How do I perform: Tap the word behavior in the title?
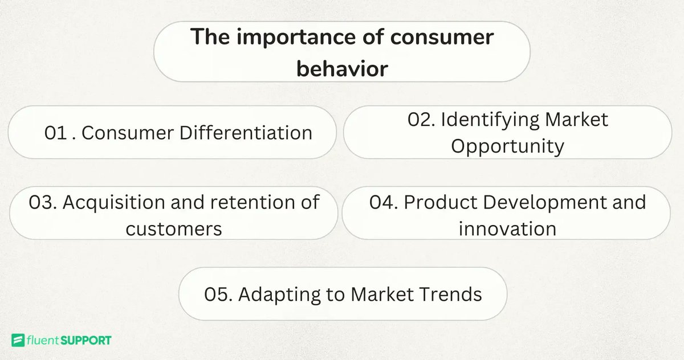(342, 68)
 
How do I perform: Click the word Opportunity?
(507, 146)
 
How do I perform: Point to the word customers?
(173, 229)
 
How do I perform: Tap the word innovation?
(507, 229)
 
